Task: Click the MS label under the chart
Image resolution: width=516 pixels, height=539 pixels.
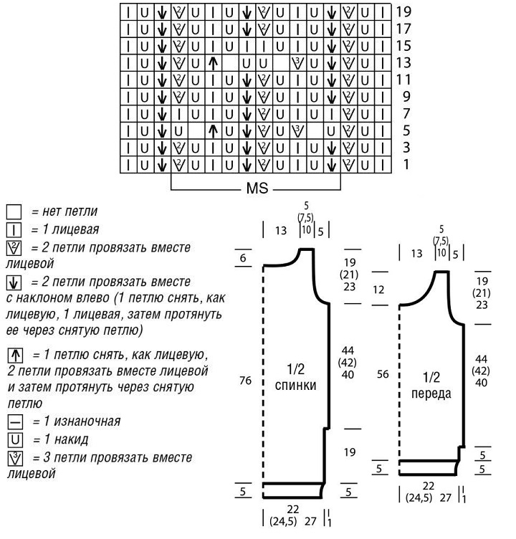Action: click(258, 191)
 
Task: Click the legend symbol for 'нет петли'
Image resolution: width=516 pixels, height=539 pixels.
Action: click(14, 212)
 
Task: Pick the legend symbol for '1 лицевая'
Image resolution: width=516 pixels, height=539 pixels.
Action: click(14, 230)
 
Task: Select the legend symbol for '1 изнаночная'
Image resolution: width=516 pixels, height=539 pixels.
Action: click(14, 421)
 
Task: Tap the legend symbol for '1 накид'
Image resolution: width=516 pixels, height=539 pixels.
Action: click(14, 439)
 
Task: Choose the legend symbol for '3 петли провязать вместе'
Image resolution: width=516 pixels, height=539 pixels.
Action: click(14, 457)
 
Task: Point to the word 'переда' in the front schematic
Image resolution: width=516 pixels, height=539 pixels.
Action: click(431, 393)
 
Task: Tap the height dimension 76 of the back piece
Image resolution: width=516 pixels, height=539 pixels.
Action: click(245, 381)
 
